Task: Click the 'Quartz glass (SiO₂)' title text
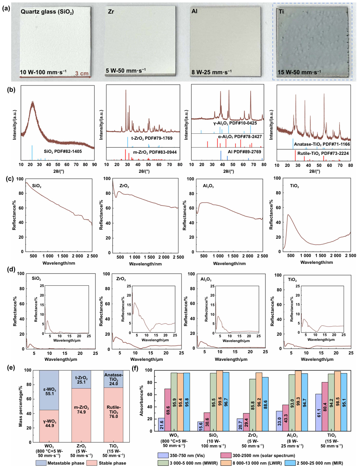[x=53, y=12]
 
